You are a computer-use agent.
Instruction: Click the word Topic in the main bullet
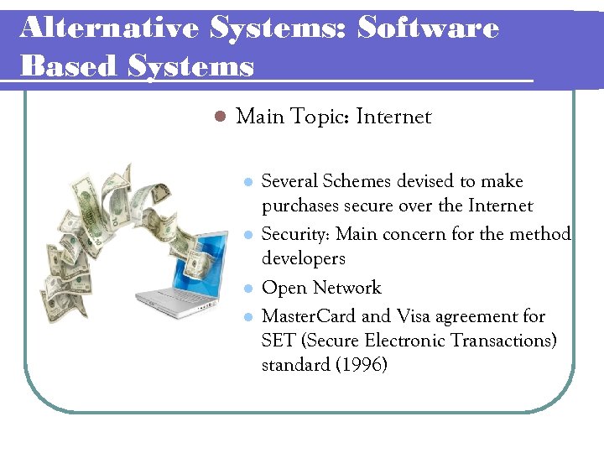(319, 117)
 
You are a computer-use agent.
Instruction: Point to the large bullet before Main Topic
(220, 117)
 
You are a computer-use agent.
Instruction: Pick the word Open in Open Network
(283, 288)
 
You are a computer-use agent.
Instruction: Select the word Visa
(414, 317)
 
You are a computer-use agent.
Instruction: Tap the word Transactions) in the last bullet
(501, 341)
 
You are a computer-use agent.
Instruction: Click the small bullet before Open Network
(247, 289)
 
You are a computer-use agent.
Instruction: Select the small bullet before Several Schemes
(247, 182)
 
